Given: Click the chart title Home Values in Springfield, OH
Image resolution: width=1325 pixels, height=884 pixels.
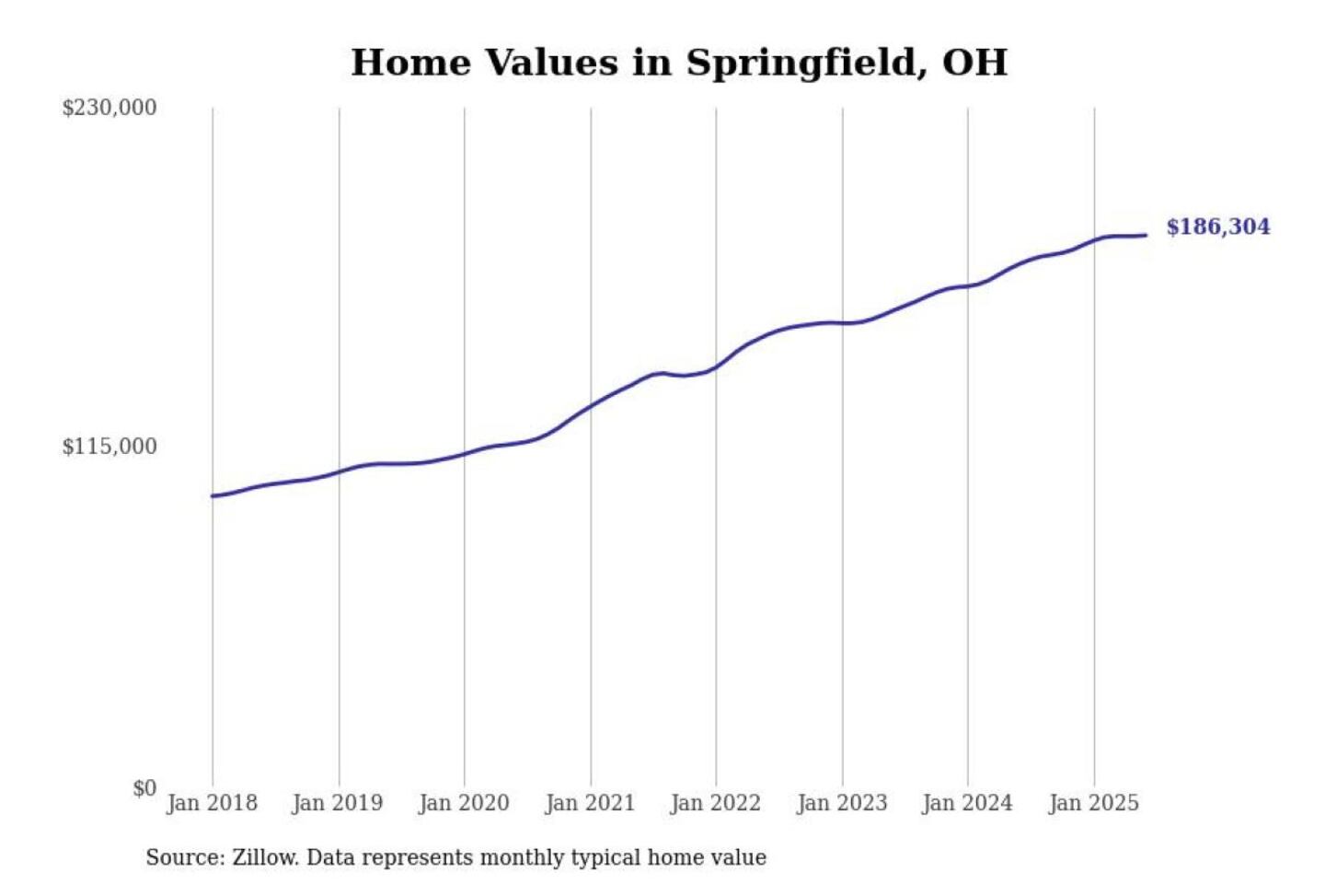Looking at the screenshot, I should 679,63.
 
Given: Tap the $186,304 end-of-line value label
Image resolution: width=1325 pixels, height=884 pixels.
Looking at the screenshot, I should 1217,227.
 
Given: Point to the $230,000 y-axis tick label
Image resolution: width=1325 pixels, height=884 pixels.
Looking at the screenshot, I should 109,108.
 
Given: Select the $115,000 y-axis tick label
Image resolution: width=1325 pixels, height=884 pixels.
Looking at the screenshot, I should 109,447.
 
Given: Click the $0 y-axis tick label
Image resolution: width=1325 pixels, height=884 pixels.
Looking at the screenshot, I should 144,788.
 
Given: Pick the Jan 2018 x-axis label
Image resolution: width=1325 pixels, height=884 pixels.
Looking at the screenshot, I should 212,803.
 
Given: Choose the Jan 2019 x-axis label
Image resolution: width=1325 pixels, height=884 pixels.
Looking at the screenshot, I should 338,803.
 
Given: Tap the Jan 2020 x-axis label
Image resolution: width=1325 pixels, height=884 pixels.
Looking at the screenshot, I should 464,803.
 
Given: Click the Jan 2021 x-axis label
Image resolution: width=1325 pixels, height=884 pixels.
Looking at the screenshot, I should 590,803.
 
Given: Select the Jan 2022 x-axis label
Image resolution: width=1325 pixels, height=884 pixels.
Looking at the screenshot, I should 716,803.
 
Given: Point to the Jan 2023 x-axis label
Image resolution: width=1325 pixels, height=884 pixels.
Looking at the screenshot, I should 842,803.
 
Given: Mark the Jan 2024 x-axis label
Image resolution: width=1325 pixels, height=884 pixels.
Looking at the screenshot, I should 967,803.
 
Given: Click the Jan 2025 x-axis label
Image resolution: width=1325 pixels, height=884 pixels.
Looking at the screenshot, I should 1094,803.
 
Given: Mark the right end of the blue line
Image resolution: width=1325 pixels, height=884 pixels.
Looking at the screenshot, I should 1146,235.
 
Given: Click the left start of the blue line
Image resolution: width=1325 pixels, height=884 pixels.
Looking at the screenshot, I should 213,496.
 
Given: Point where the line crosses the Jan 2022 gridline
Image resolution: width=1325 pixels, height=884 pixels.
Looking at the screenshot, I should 716,366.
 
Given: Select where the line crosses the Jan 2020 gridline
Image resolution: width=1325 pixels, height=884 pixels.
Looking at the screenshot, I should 464,453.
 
